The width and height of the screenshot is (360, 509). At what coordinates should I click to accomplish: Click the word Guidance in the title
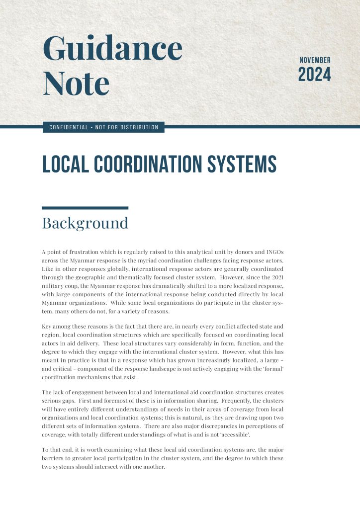[x=112, y=49]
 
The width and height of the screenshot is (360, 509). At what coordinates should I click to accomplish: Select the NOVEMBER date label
[x=315, y=60]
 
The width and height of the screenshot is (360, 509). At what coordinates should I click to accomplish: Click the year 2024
[x=314, y=75]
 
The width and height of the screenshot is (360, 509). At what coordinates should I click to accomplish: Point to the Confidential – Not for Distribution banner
[x=103, y=128]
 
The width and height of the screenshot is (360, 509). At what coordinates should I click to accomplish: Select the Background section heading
[x=85, y=223]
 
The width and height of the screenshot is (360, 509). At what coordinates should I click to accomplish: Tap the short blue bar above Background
[x=85, y=208]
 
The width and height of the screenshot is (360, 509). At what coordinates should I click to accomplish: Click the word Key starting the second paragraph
[x=47, y=327]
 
